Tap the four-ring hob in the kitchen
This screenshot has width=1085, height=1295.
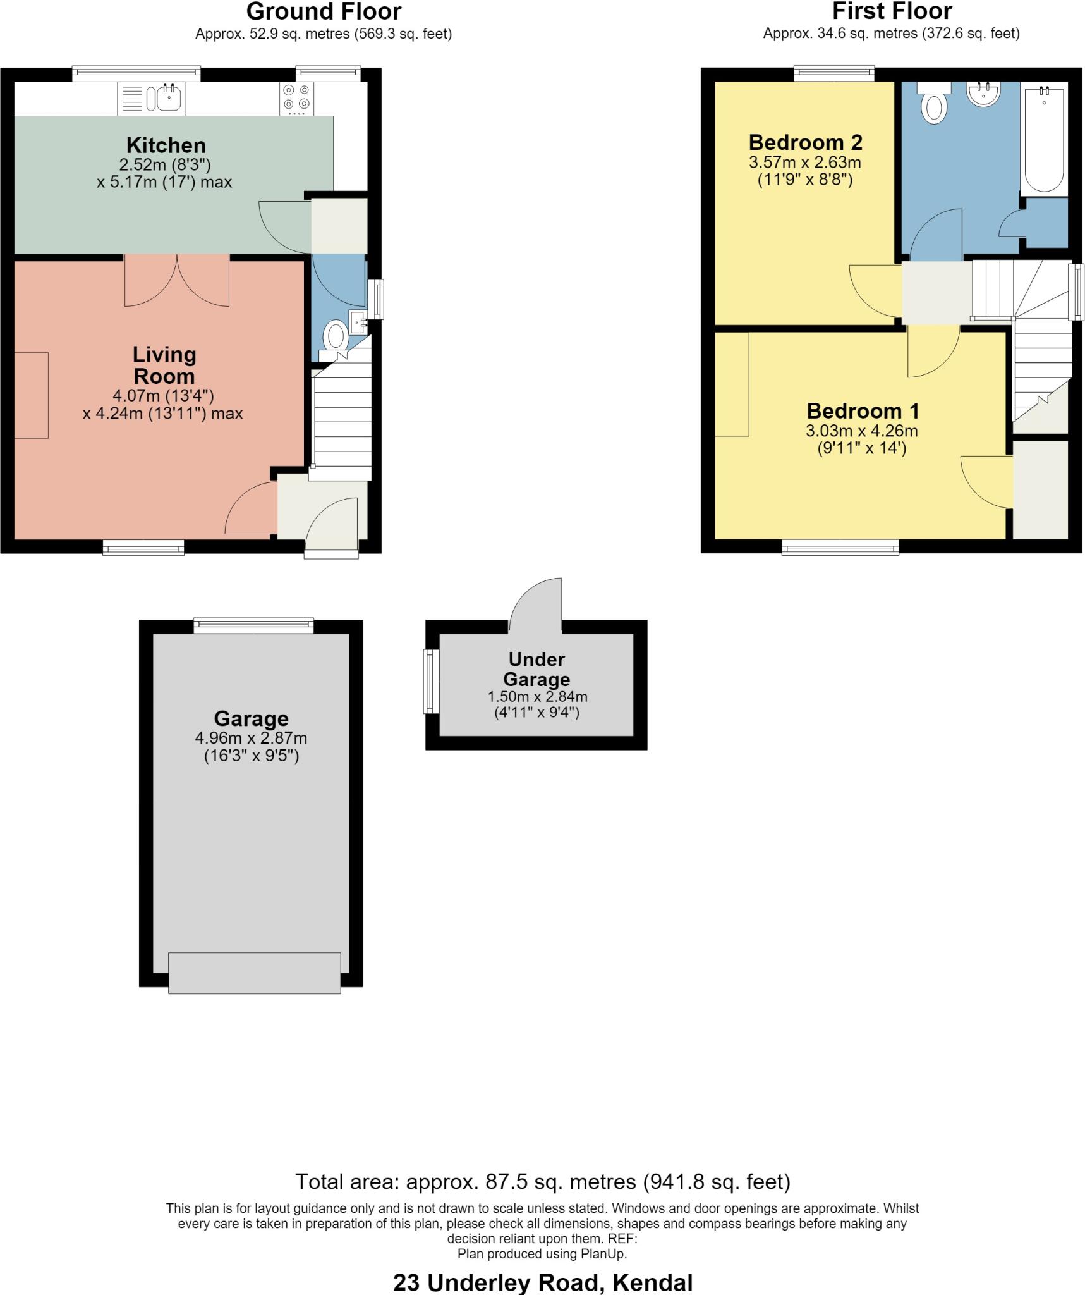[x=296, y=99]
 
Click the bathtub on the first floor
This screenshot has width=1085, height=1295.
[x=1044, y=139]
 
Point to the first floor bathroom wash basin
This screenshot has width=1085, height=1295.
[x=983, y=94]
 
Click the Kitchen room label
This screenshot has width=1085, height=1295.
[x=166, y=145]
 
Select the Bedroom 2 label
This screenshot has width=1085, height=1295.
[x=806, y=142]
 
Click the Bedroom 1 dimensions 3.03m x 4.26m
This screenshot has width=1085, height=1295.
[x=862, y=431]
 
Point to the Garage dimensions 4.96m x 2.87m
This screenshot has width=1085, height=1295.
[x=252, y=738]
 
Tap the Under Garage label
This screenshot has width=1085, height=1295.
[x=536, y=669]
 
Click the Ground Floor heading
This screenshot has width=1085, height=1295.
[x=324, y=12]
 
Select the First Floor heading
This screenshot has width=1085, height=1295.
[x=892, y=12]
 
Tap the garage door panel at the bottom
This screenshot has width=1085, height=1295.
[x=255, y=973]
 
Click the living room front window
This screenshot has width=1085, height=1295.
[x=143, y=548]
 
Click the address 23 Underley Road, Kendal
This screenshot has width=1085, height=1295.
[x=543, y=1283]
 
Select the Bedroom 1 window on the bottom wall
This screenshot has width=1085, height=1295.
[x=840, y=548]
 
